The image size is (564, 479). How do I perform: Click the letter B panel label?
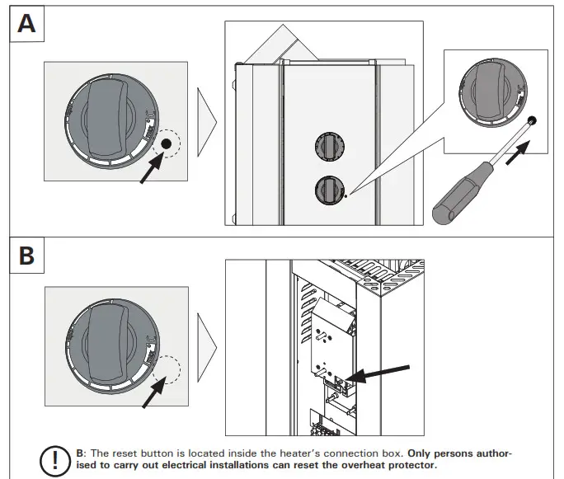27,256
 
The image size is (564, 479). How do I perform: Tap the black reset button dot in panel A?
167,144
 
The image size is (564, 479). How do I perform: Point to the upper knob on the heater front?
327,148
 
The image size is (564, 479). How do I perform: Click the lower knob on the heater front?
327,191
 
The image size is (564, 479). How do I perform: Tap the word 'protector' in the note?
407,466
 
